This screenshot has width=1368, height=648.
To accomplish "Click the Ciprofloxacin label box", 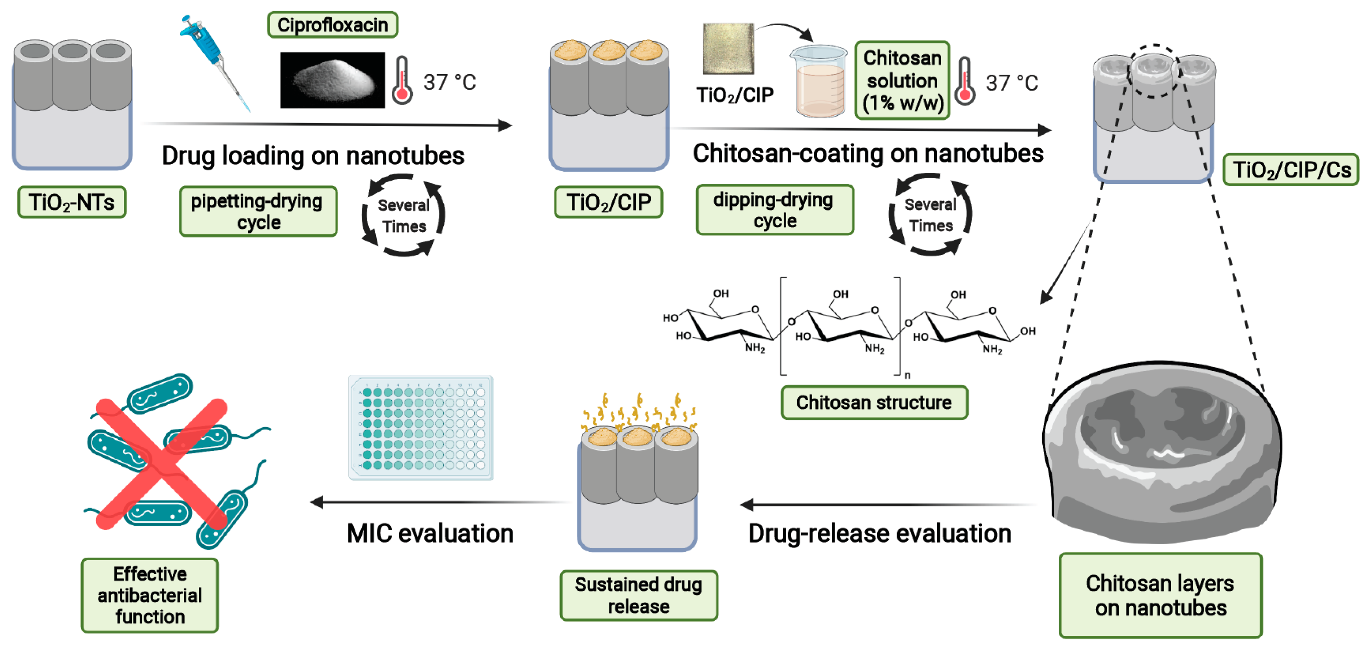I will click(x=333, y=25).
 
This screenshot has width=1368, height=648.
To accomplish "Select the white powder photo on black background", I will click(x=333, y=80).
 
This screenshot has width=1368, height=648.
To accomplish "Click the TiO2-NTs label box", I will click(x=72, y=202).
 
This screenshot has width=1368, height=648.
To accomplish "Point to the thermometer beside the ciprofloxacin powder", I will click(x=402, y=81).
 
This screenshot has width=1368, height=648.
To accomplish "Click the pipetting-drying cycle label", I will click(x=258, y=211).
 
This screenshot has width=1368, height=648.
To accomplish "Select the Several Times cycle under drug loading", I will click(x=404, y=215).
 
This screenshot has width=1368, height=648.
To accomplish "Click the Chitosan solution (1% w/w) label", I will click(x=902, y=80).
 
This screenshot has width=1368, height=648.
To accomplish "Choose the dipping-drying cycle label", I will click(x=774, y=210).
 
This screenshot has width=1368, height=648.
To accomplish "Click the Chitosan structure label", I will click(x=874, y=403).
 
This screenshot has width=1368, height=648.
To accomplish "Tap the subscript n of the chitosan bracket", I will click(x=908, y=375).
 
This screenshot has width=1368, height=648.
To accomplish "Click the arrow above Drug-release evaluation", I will click(x=887, y=504).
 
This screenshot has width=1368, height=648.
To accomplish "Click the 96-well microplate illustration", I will click(x=420, y=428).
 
